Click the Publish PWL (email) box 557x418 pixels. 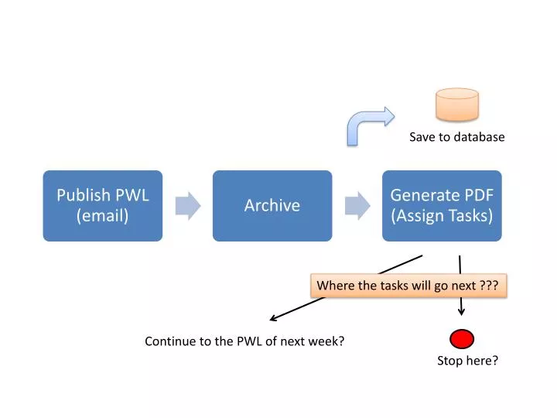point(102,205)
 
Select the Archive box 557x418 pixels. point(272,205)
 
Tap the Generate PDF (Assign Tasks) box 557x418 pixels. point(442,205)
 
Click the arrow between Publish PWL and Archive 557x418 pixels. point(188,206)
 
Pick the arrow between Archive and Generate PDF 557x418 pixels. point(357,206)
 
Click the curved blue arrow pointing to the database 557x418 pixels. point(367,124)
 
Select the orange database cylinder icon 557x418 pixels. point(457,104)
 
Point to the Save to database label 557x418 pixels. point(456,137)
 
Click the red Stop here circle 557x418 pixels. point(462,339)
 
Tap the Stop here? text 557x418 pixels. point(467,360)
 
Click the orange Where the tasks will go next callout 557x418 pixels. point(408,286)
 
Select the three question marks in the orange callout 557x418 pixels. point(489,286)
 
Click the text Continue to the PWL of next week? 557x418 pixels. point(244,341)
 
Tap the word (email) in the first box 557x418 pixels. point(102,216)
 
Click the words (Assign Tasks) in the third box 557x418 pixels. point(442,216)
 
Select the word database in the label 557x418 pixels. point(478,137)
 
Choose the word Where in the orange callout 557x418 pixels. point(334,286)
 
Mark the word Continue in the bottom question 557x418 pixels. point(168,341)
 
